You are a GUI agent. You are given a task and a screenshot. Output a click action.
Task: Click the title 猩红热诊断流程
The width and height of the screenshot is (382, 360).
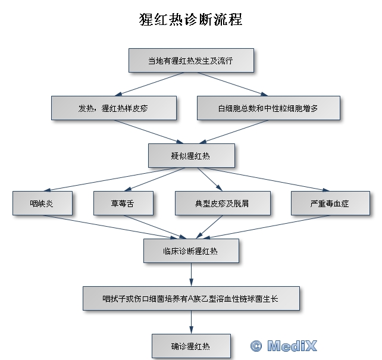pos(190,19)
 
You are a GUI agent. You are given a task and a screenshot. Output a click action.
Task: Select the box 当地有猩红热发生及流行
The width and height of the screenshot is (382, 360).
pos(191,60)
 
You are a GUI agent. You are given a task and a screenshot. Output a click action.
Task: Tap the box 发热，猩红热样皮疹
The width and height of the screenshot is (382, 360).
pos(114,108)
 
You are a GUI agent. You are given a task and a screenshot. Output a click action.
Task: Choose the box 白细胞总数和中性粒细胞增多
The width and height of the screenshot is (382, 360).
pos(268,108)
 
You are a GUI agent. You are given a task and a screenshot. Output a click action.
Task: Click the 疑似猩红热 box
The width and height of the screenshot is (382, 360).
pos(191,156)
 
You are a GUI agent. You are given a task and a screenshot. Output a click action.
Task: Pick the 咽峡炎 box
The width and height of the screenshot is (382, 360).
pos(42,203)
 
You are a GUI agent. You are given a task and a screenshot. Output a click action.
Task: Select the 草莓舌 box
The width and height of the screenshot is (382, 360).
pos(123,203)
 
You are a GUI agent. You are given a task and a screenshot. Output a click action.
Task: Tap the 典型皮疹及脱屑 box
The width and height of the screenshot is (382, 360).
pos(221,203)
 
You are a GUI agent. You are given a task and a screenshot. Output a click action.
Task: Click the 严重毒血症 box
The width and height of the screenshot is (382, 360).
pos(329,203)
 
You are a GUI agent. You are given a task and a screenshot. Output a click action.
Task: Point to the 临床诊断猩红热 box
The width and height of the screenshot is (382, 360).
pos(191,251)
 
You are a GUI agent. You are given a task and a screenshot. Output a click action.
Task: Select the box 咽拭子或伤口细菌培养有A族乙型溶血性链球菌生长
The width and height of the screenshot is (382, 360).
pos(191,298)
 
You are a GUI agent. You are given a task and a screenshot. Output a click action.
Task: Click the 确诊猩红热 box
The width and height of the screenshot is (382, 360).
pos(191,345)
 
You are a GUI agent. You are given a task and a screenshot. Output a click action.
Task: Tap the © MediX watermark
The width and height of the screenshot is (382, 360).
pos(284,345)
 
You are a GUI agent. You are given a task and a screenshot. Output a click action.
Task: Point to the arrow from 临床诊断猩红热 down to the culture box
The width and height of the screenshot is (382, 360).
pos(191,274)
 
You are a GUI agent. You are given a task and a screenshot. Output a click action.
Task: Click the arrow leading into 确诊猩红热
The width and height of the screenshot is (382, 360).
pos(191,321)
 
